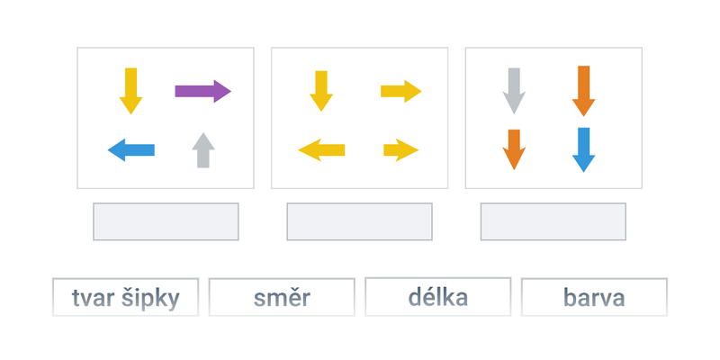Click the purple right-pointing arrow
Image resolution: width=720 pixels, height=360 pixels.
point(203,91)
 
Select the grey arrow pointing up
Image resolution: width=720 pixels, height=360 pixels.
point(203,150)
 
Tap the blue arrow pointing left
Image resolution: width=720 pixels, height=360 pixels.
point(131,150)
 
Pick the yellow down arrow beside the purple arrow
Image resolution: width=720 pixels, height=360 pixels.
point(130,91)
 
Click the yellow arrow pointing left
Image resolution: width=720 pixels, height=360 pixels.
point(321,150)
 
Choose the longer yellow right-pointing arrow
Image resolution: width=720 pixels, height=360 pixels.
point(401,92)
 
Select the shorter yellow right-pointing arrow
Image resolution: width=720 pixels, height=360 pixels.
point(401,150)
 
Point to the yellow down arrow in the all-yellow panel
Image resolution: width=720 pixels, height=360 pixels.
point(321,91)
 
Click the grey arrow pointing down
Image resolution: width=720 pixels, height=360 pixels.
point(514,91)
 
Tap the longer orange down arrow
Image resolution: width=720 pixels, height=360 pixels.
point(583,91)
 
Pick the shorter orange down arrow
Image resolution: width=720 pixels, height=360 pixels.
point(514,149)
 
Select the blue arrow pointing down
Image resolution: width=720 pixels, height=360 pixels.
point(583,149)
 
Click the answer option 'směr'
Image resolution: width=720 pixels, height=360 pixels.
point(282,297)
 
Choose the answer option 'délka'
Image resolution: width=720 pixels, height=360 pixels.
point(438,297)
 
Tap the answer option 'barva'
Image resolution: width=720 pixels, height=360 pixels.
point(594,297)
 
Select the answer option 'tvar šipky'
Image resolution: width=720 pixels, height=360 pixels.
point(125,297)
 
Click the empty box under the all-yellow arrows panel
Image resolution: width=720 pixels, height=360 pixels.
point(359,221)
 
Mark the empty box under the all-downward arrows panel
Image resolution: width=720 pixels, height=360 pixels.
point(553,221)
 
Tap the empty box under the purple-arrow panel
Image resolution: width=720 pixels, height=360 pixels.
point(166,221)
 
